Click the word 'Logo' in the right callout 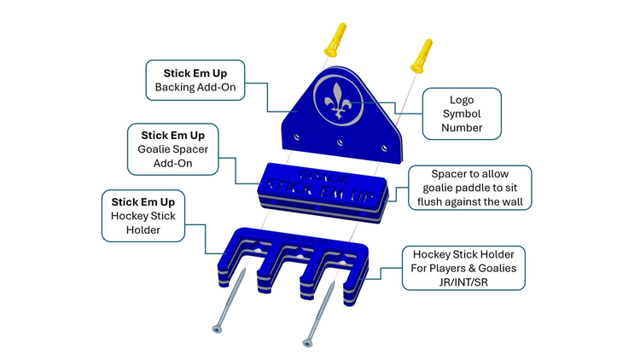point(462,100)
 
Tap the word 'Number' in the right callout point(462,128)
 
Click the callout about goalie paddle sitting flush point(469,188)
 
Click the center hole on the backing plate point(340,142)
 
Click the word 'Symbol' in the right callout point(462,114)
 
